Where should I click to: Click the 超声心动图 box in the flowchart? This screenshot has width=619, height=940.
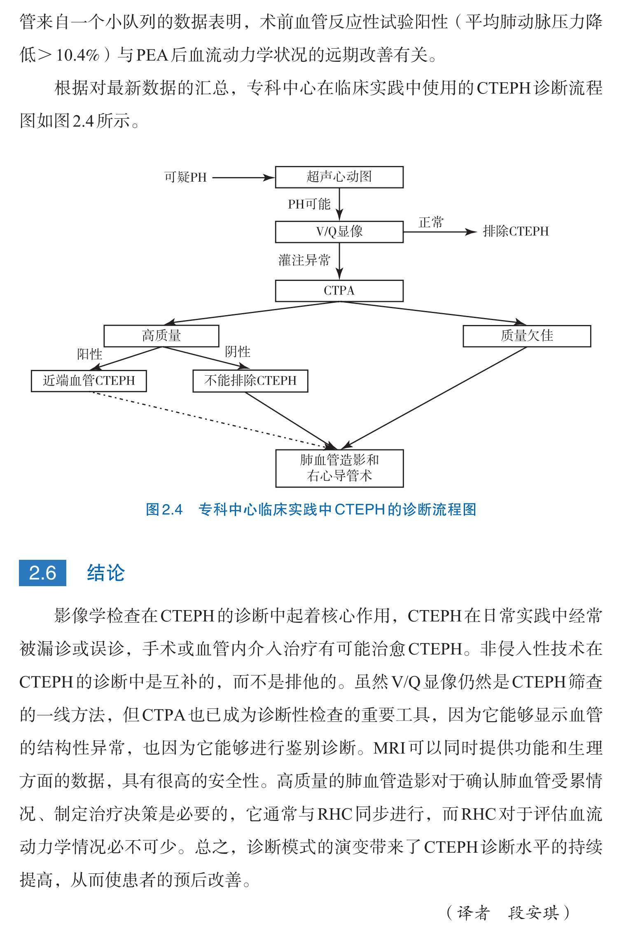click(x=339, y=177)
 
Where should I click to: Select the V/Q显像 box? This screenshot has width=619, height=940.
click(x=339, y=231)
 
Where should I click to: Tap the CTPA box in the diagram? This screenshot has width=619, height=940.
click(x=339, y=291)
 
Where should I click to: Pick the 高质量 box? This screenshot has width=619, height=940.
click(x=161, y=336)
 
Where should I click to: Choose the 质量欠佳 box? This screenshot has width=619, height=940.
click(x=527, y=336)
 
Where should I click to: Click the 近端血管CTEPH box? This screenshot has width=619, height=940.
click(x=89, y=381)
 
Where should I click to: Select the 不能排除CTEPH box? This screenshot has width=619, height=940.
click(x=250, y=381)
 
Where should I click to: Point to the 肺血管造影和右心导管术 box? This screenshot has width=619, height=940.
click(x=339, y=468)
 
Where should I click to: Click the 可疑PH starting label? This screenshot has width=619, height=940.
click(x=185, y=177)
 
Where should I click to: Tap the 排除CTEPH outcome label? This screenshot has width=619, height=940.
click(x=516, y=231)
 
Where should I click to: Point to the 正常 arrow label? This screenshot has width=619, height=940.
click(x=431, y=222)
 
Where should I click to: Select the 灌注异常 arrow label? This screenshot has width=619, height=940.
click(x=304, y=260)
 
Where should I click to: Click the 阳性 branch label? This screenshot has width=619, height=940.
click(x=89, y=354)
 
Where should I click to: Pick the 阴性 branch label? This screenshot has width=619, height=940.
click(x=238, y=351)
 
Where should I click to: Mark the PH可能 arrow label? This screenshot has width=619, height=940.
click(x=309, y=204)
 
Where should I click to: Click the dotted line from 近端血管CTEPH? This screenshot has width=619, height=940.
click(x=212, y=420)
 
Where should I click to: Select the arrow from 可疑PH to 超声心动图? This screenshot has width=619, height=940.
click(x=243, y=178)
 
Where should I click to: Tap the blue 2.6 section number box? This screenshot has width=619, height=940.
click(x=42, y=573)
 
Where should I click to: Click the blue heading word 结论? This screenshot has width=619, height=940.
click(x=106, y=573)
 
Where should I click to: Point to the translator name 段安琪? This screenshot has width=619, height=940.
click(x=534, y=913)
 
